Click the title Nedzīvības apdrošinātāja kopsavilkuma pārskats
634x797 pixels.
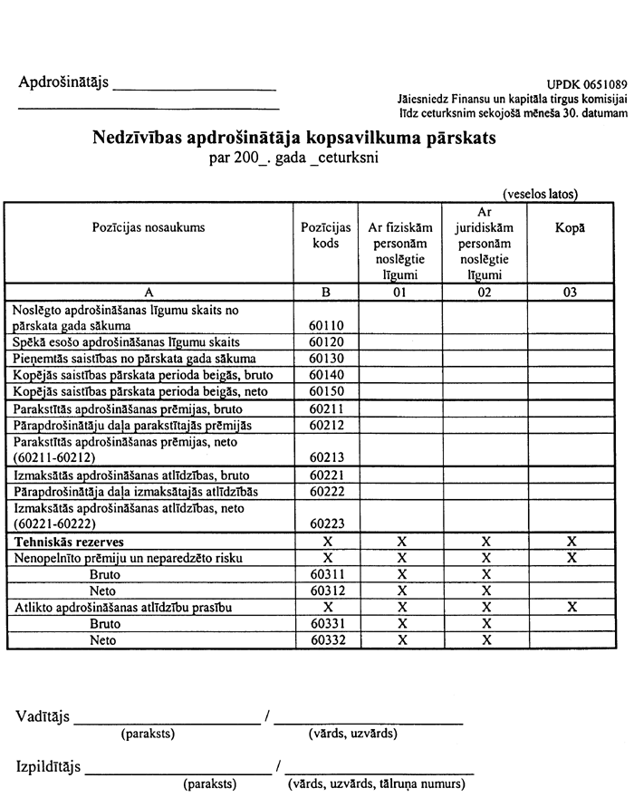pyautogui.click(x=294, y=139)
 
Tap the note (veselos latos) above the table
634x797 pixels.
pyautogui.click(x=541, y=193)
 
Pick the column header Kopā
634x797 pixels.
pyautogui.click(x=570, y=227)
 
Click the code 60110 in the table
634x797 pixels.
pyautogui.click(x=326, y=324)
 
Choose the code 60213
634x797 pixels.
pyautogui.click(x=326, y=457)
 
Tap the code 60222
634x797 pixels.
pyautogui.click(x=326, y=491)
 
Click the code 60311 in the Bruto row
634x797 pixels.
pyautogui.click(x=326, y=574)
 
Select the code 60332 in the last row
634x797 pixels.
pyautogui.click(x=326, y=640)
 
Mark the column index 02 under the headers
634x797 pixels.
pyautogui.click(x=485, y=293)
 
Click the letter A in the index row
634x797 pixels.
pyautogui.click(x=149, y=293)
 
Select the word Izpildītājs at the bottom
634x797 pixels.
pyautogui.click(x=49, y=767)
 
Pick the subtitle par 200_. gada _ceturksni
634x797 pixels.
pyautogui.click(x=293, y=158)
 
